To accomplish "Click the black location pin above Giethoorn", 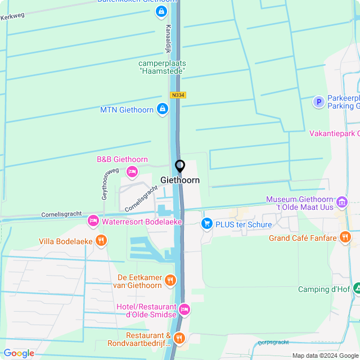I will pyautogui.click(x=180, y=166).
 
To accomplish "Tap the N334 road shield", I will pyautogui.click(x=178, y=95).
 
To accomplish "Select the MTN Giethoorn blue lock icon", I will pyautogui.click(x=162, y=109).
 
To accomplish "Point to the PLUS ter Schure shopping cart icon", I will pyautogui.click(x=207, y=224).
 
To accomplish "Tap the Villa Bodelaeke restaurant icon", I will pyautogui.click(x=101, y=241).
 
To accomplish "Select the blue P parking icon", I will pyautogui.click(x=318, y=102).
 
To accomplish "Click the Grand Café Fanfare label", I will pyautogui.click(x=303, y=238).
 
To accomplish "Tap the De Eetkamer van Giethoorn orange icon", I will pyautogui.click(x=170, y=280).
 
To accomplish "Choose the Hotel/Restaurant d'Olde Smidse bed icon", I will pyautogui.click(x=184, y=309).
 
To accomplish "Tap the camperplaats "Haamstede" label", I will pyautogui.click(x=163, y=67).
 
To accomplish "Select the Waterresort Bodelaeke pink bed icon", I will pyautogui.click(x=93, y=222).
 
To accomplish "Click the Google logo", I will pyautogui.click(x=19, y=353).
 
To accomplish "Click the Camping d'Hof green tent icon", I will pyautogui.click(x=357, y=289).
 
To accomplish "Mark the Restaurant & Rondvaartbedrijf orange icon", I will pyautogui.click(x=179, y=337).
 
